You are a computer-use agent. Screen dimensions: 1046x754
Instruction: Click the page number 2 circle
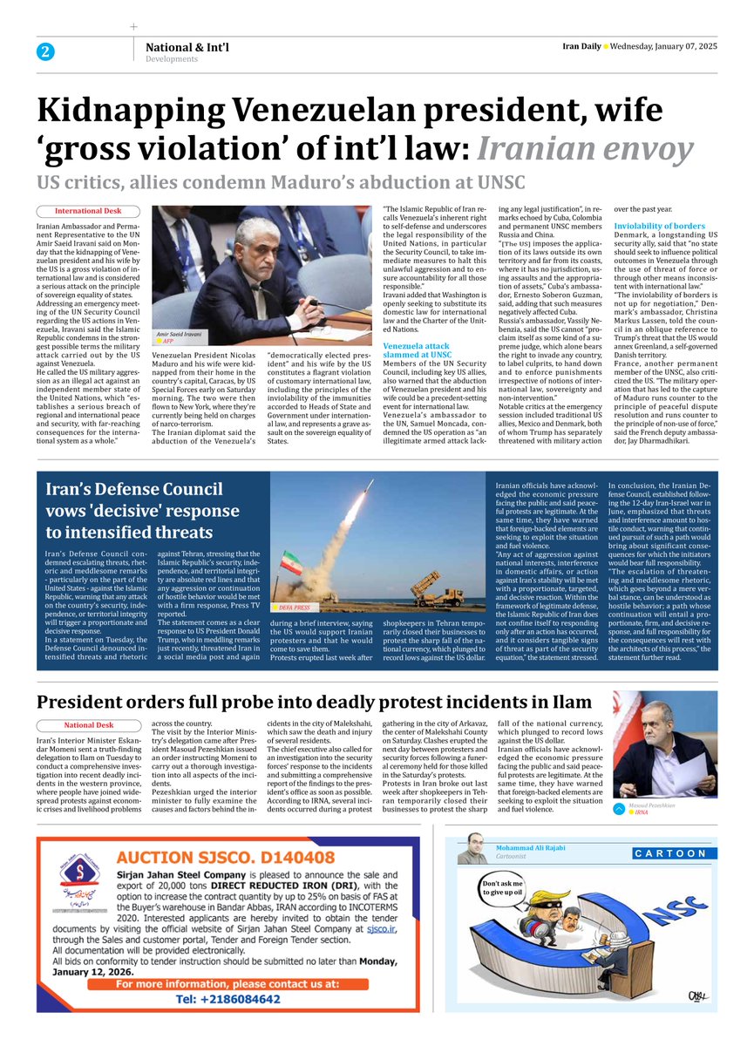click(44, 51)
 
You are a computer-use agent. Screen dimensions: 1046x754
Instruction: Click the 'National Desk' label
click(89, 725)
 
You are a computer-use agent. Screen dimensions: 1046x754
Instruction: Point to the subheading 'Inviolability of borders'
click(660, 226)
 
